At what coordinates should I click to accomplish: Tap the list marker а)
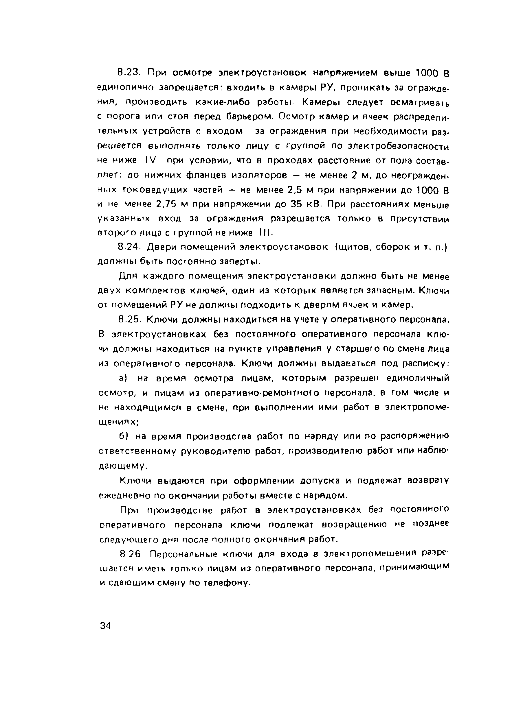[123, 378]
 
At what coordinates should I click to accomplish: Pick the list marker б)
[123, 436]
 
